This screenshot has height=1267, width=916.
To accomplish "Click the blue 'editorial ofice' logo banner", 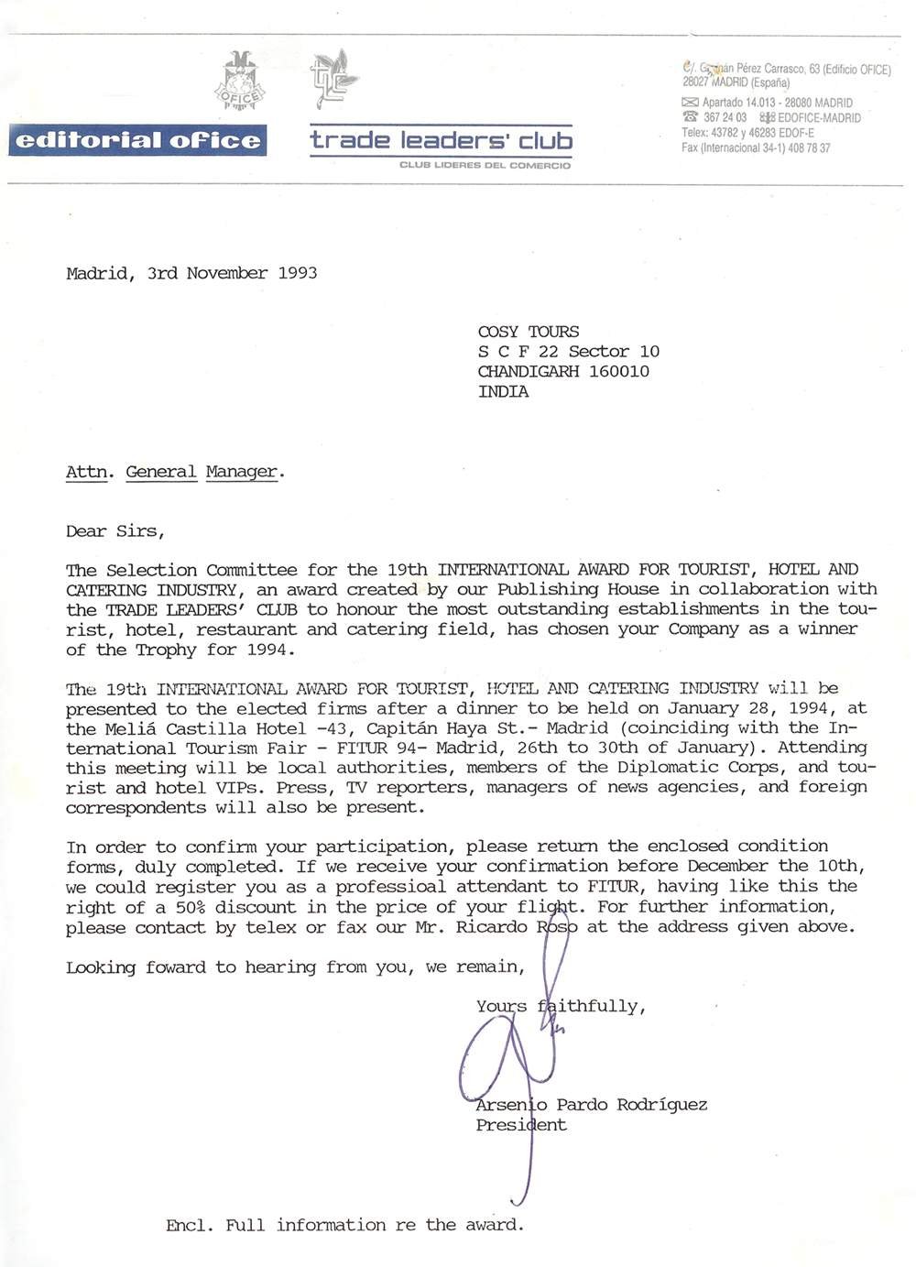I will [x=137, y=140].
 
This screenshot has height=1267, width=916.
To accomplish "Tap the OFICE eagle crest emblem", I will [x=240, y=82].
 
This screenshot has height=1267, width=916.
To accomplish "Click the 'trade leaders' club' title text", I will [x=441, y=140].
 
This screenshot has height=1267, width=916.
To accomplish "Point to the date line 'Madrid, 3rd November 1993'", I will [x=191, y=273].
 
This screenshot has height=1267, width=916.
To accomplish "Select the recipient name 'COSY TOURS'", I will [x=528, y=332].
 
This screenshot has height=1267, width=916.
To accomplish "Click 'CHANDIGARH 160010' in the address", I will [x=563, y=371].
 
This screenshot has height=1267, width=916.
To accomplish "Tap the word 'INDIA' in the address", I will [x=503, y=391].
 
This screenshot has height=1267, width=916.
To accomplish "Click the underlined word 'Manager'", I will [x=242, y=472].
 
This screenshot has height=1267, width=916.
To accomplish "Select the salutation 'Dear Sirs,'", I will [x=115, y=530].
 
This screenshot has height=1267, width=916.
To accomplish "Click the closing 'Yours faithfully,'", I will [x=561, y=1006].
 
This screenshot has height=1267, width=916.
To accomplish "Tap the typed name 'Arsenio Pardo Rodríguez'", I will [x=591, y=1105].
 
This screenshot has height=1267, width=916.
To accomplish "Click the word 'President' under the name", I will [x=521, y=1125].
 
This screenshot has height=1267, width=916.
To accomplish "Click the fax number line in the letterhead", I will [x=756, y=147].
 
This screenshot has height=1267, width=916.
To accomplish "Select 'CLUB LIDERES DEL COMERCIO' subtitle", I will [x=485, y=165].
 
